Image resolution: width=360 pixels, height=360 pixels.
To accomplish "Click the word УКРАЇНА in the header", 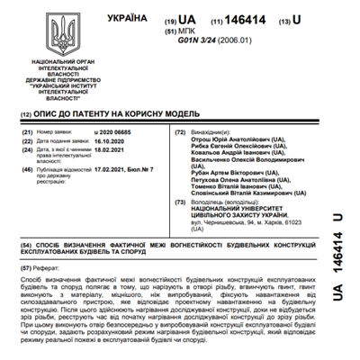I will coord(128,18).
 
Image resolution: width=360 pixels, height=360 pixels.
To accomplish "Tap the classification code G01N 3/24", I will coord(203,41).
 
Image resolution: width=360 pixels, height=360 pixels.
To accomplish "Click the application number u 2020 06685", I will coord(118,132).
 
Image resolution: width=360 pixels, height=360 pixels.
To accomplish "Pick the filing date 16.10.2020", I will coord(112,142).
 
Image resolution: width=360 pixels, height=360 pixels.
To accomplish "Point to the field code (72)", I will coord(180,132).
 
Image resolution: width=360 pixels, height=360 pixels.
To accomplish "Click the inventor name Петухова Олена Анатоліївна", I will coord(238,181).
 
